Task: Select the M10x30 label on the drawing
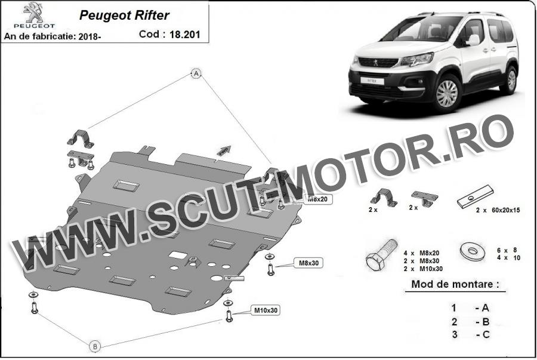[x=266, y=310]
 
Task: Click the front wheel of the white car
[x=446, y=93]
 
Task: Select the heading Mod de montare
[x=455, y=284]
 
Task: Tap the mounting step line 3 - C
[x=471, y=334]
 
